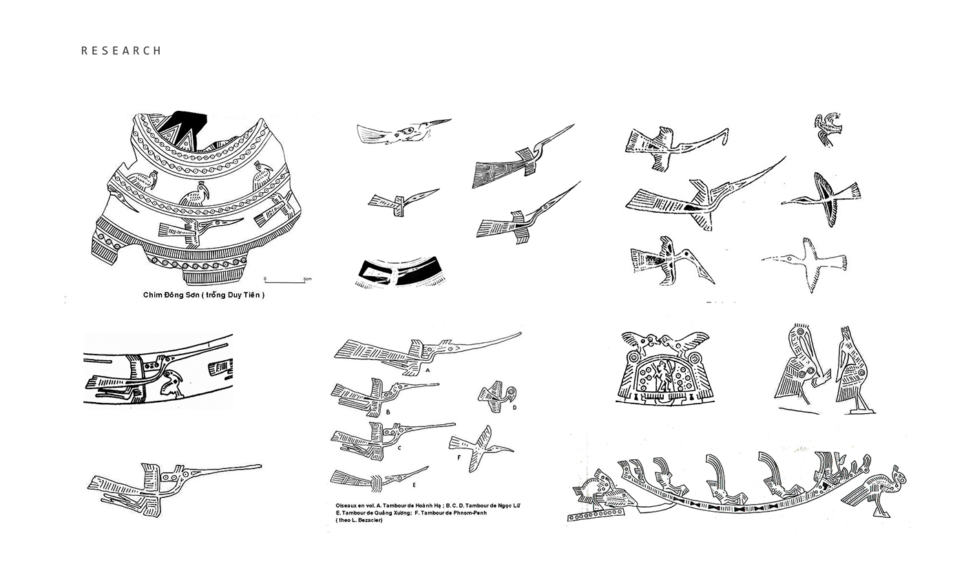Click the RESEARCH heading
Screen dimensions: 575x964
pyautogui.click(x=121, y=50)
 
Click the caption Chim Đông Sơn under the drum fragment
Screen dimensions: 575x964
pyautogui.click(x=204, y=295)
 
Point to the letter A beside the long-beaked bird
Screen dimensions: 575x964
pyautogui.click(x=427, y=370)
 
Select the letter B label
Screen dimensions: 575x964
pyautogui.click(x=388, y=412)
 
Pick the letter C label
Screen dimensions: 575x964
pyautogui.click(x=399, y=448)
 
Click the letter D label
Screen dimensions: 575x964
pyautogui.click(x=514, y=408)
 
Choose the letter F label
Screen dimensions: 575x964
pyautogui.click(x=458, y=455)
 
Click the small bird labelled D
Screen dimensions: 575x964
pyautogui.click(x=496, y=396)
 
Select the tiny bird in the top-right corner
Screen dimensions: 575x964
pyautogui.click(x=828, y=129)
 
